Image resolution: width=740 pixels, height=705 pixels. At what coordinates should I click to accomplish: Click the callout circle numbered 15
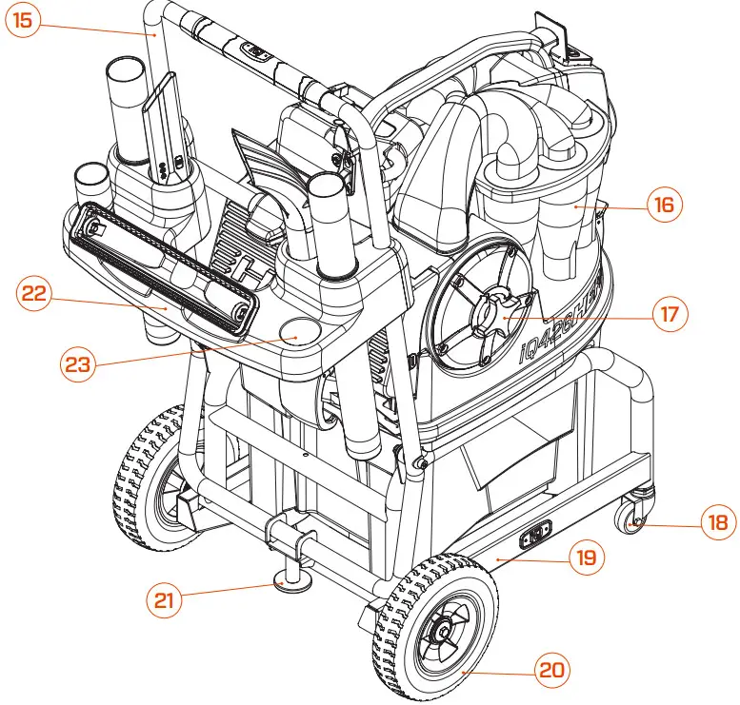coord(22,21)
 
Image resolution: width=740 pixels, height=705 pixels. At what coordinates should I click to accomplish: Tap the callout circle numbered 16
coord(664,205)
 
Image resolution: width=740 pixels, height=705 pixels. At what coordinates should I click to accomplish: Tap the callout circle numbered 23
coord(80,362)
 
